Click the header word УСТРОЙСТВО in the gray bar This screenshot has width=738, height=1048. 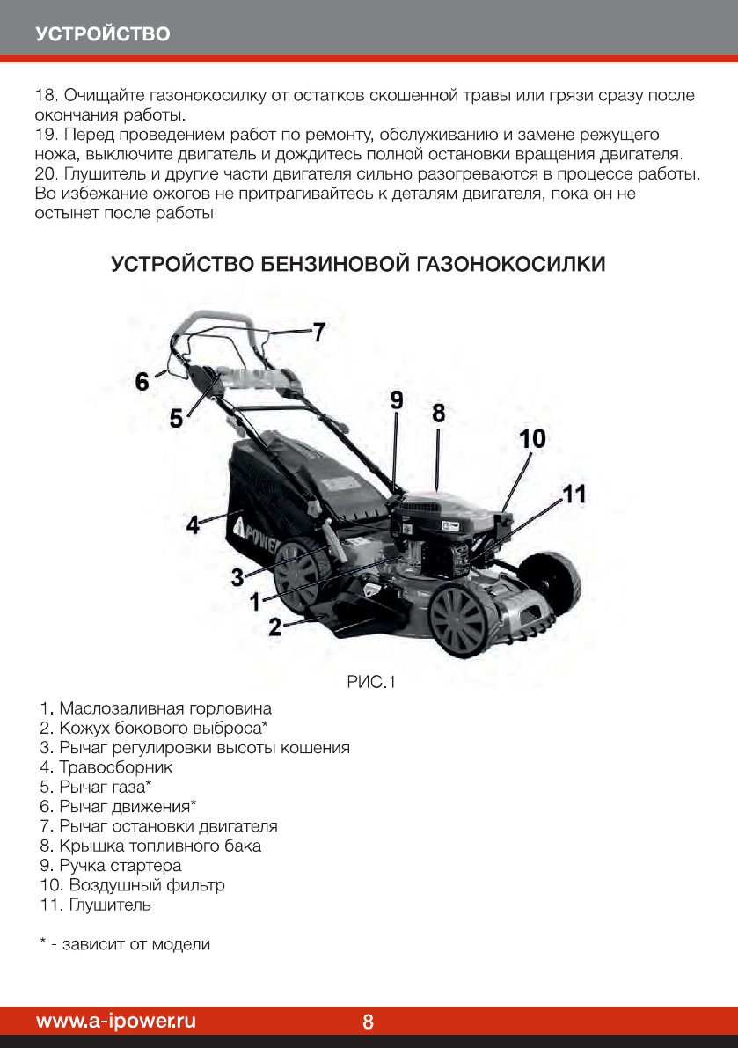103,34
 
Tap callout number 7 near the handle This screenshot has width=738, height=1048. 318,332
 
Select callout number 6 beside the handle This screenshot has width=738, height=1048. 142,381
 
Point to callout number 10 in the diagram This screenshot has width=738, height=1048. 532,438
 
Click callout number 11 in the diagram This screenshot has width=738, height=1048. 574,494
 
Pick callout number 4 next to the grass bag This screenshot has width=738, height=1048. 192,525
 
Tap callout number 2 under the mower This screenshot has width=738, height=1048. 274,627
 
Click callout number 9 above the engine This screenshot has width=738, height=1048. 396,400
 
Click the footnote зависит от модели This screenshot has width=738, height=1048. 135,944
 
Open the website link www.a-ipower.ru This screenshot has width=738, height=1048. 115,1021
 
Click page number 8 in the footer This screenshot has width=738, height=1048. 368,1022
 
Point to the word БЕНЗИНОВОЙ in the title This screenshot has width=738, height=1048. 335,264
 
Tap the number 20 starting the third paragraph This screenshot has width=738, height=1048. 43,172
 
